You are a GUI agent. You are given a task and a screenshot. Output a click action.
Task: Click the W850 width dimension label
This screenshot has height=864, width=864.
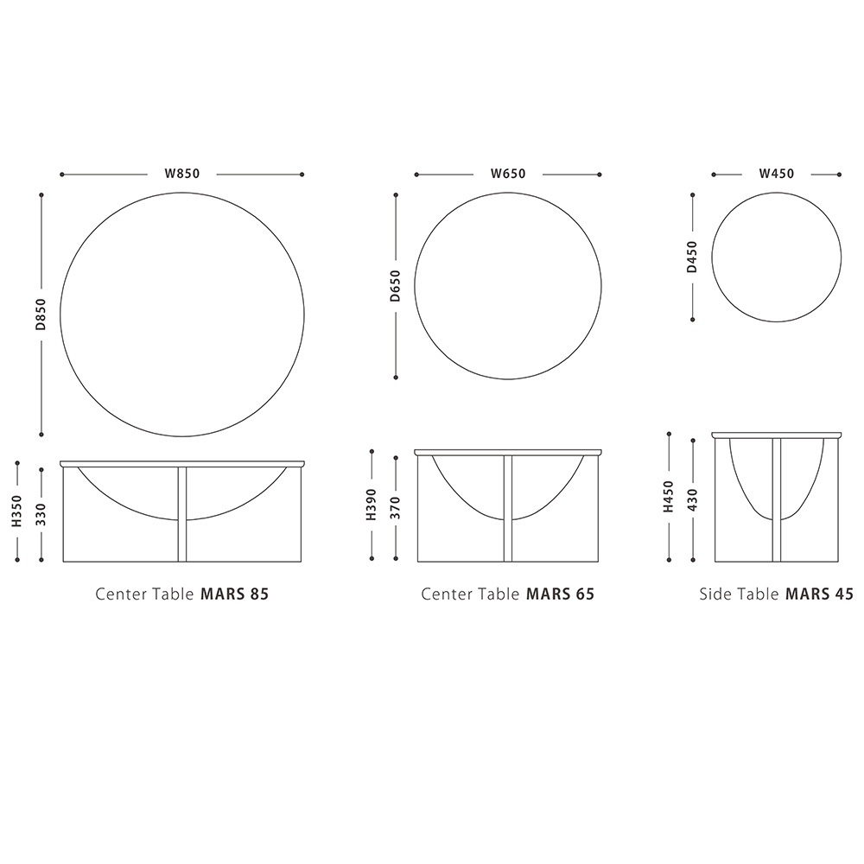[181, 174]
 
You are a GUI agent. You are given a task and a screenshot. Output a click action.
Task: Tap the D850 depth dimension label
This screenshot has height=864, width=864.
[41, 314]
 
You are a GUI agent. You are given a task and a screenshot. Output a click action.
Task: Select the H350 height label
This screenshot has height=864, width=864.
[17, 511]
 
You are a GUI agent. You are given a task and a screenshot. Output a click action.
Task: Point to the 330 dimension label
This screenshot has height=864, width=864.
[41, 514]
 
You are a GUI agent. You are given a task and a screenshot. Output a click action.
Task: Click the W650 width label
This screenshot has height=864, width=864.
[508, 174]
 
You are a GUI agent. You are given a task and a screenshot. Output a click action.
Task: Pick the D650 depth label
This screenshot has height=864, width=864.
[395, 286]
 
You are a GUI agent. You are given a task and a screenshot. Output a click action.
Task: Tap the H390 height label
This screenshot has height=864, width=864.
[372, 505]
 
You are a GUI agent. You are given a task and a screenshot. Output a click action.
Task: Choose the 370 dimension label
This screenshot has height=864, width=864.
[396, 507]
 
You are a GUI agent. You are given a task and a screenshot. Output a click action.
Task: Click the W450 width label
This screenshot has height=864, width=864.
[777, 174]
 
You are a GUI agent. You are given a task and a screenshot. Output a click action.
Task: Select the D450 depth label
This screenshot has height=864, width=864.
[692, 257]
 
